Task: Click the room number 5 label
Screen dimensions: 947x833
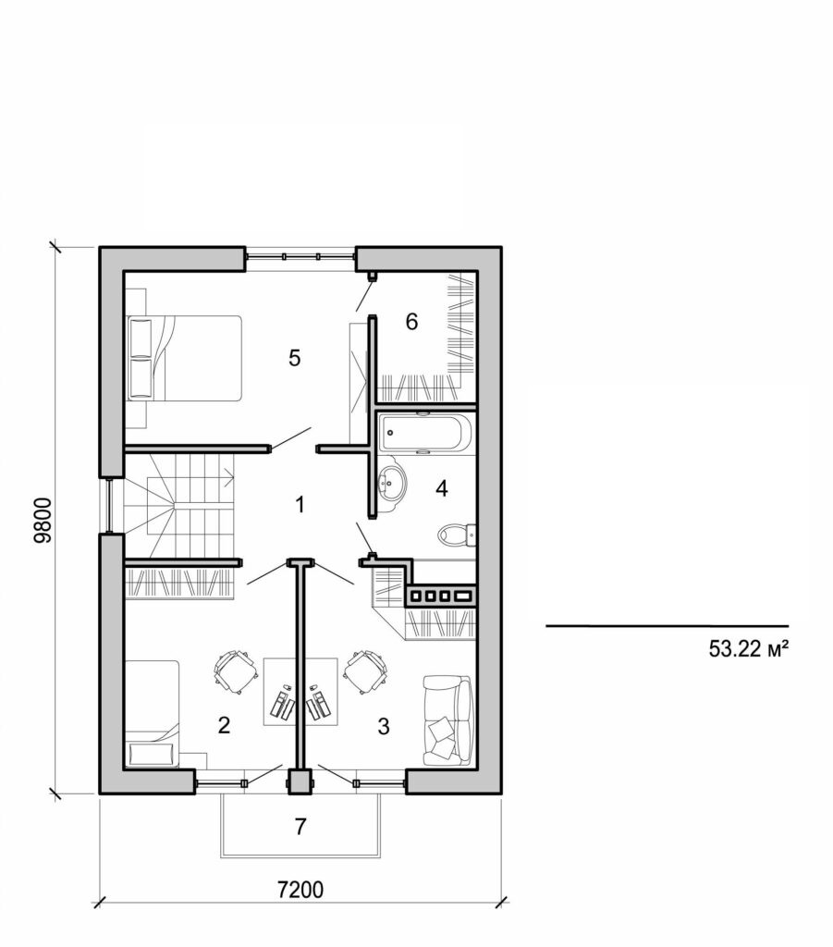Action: pos(294,358)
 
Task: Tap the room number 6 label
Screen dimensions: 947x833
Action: pos(411,322)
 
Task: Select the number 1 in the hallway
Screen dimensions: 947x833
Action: pos(299,505)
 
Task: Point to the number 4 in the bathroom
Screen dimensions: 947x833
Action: pos(442,488)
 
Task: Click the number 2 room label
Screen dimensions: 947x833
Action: pos(223,725)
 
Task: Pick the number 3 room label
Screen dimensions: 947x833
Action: pos(383,725)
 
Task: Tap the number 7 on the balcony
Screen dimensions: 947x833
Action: pos(300,827)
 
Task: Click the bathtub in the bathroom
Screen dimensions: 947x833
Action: pos(425,434)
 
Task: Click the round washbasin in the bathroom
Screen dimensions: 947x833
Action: pos(394,482)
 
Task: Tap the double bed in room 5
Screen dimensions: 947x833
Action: pos(185,358)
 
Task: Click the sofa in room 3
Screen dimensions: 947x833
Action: pos(447,719)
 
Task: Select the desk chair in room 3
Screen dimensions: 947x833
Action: pos(367,670)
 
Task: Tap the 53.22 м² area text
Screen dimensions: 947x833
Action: pos(748,649)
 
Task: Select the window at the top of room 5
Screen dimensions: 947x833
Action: pos(300,254)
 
